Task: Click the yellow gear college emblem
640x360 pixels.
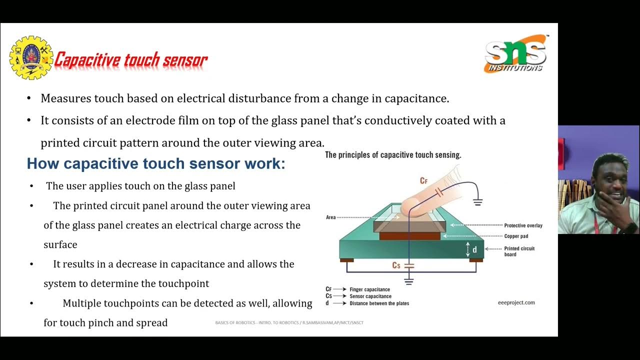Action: click(x=31, y=57)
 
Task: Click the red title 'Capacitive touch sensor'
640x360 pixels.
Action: click(x=130, y=60)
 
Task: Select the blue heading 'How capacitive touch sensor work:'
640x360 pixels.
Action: click(x=155, y=163)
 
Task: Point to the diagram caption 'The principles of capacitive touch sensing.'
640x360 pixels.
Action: click(x=393, y=155)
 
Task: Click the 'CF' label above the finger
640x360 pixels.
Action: click(x=423, y=181)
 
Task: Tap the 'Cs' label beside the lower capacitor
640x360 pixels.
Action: click(x=396, y=265)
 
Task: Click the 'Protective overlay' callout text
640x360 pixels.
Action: click(x=523, y=225)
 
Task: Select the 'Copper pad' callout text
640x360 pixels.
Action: click(x=516, y=236)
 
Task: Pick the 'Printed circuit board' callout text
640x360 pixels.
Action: click(x=519, y=251)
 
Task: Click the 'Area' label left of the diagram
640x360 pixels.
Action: click(x=330, y=217)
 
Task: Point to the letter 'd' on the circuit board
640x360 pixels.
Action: click(x=474, y=249)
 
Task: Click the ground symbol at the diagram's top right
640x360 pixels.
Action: click(x=477, y=202)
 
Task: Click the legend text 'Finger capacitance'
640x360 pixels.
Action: click(x=369, y=289)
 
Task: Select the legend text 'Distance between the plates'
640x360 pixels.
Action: click(x=379, y=303)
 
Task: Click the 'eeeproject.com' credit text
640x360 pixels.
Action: click(x=516, y=302)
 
